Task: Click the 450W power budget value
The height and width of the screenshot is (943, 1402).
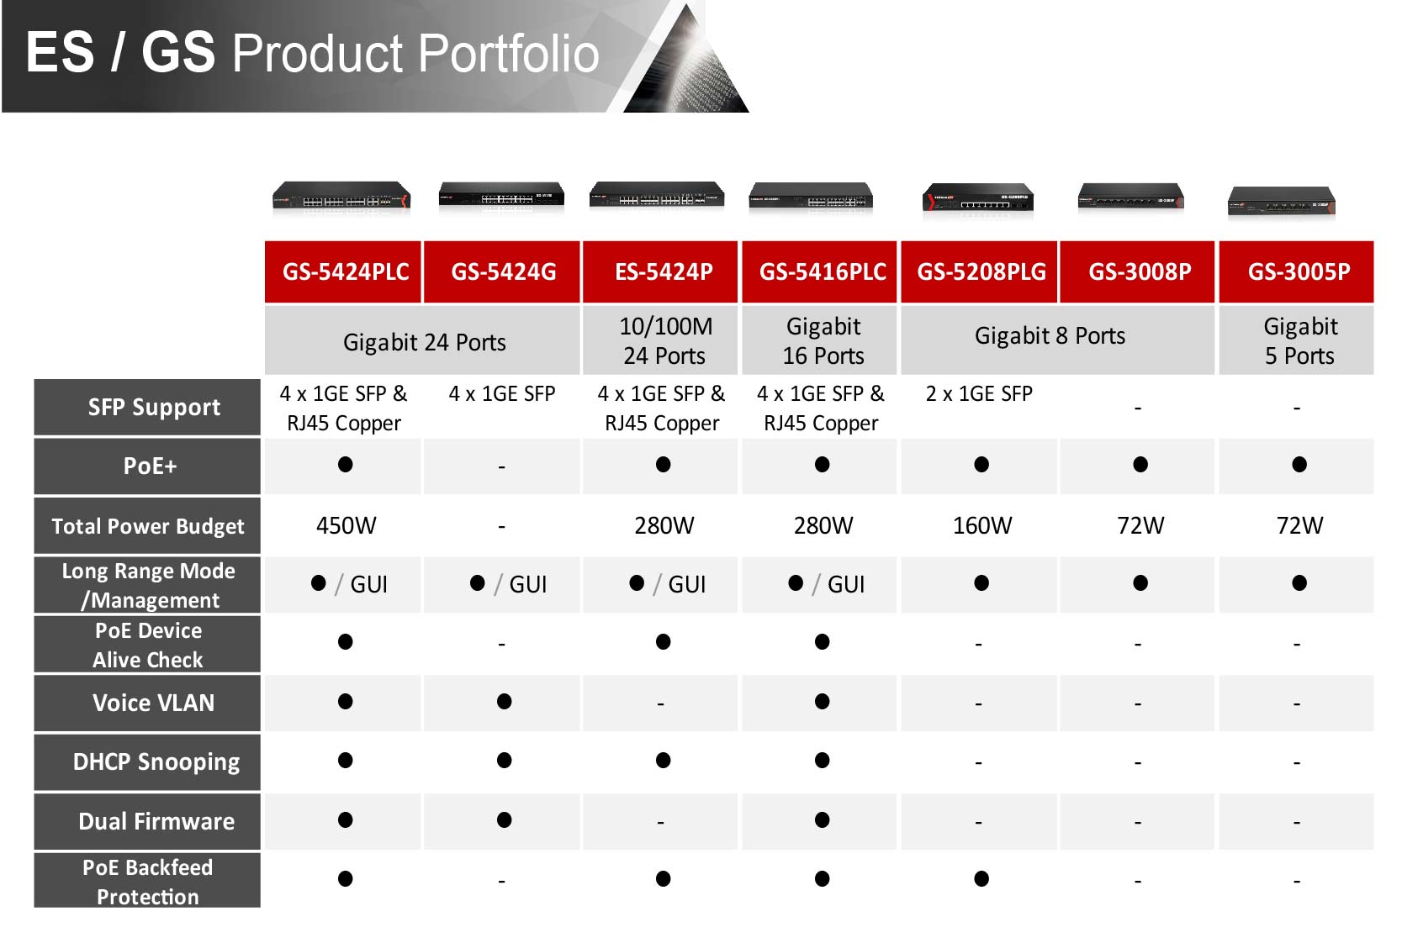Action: pos(347,525)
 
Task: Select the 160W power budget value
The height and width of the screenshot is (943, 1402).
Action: pos(982,525)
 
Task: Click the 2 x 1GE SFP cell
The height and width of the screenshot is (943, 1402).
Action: pos(979,394)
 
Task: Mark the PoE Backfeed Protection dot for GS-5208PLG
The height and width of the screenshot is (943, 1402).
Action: pos(981,878)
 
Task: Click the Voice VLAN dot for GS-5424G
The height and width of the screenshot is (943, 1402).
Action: pos(504,702)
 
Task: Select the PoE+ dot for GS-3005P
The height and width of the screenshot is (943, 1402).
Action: pos(1299,465)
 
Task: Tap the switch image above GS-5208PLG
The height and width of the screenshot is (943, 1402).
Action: pos(978,199)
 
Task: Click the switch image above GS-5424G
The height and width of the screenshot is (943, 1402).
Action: pos(501,197)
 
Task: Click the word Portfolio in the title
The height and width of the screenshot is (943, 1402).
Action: pos(508,54)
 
